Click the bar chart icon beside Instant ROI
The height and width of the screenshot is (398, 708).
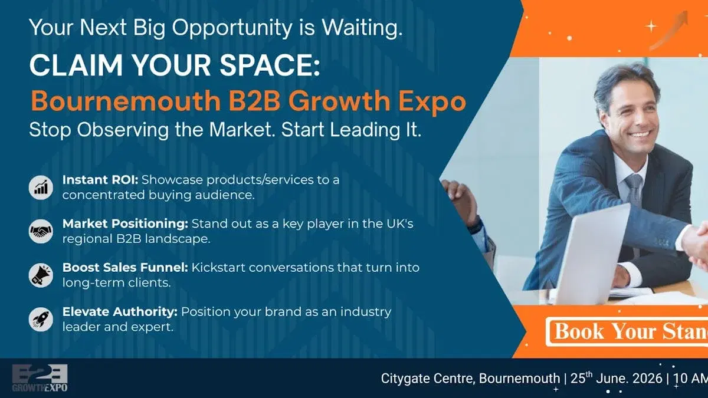pos(41,188)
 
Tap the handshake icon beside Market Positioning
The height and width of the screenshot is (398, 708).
pos(41,231)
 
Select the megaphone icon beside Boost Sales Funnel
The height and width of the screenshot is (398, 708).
pos(41,275)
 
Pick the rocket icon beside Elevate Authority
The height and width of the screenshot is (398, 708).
pos(41,319)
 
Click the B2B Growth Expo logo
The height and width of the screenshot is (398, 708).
pos(40,378)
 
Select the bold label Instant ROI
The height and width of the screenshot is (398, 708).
pos(100,180)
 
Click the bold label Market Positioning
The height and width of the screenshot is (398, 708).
pos(124,223)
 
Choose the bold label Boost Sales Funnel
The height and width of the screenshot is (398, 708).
pos(125,267)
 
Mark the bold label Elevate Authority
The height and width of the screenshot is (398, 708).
pos(120,311)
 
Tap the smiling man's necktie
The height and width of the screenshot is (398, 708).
pos(634,195)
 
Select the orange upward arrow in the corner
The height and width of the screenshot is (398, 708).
pos(670,29)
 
